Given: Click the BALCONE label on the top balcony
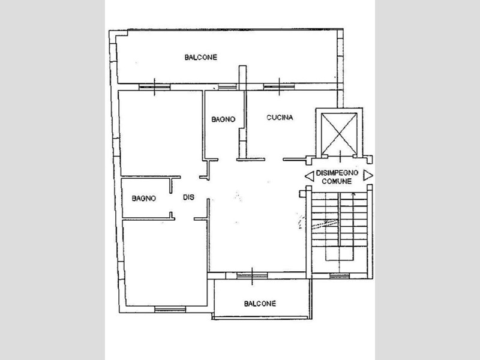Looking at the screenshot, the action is tap(201, 57).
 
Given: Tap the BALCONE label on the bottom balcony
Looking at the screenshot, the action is tap(260, 304).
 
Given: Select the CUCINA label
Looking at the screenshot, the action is tap(280, 118).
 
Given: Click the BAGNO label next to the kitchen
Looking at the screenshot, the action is tap(223, 119).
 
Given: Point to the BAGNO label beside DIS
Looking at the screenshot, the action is tap(144, 199).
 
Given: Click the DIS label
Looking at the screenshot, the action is tap(188, 197).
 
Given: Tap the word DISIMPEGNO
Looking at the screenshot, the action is tap(337, 173).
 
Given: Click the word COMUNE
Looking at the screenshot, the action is tap(337, 181).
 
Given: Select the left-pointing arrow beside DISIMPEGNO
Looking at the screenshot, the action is tap(310, 176).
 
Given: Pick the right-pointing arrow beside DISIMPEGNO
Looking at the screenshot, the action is tap(368, 175).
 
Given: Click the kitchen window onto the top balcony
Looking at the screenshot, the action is tap(279, 87).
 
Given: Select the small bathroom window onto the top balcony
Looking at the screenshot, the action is tap(227, 87).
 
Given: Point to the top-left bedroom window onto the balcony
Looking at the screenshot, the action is tap(154, 87).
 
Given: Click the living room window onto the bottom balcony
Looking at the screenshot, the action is tap(252, 276).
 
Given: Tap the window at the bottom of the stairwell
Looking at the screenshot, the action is tap(340, 276).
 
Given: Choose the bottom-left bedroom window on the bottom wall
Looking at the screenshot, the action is tap(170, 310).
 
